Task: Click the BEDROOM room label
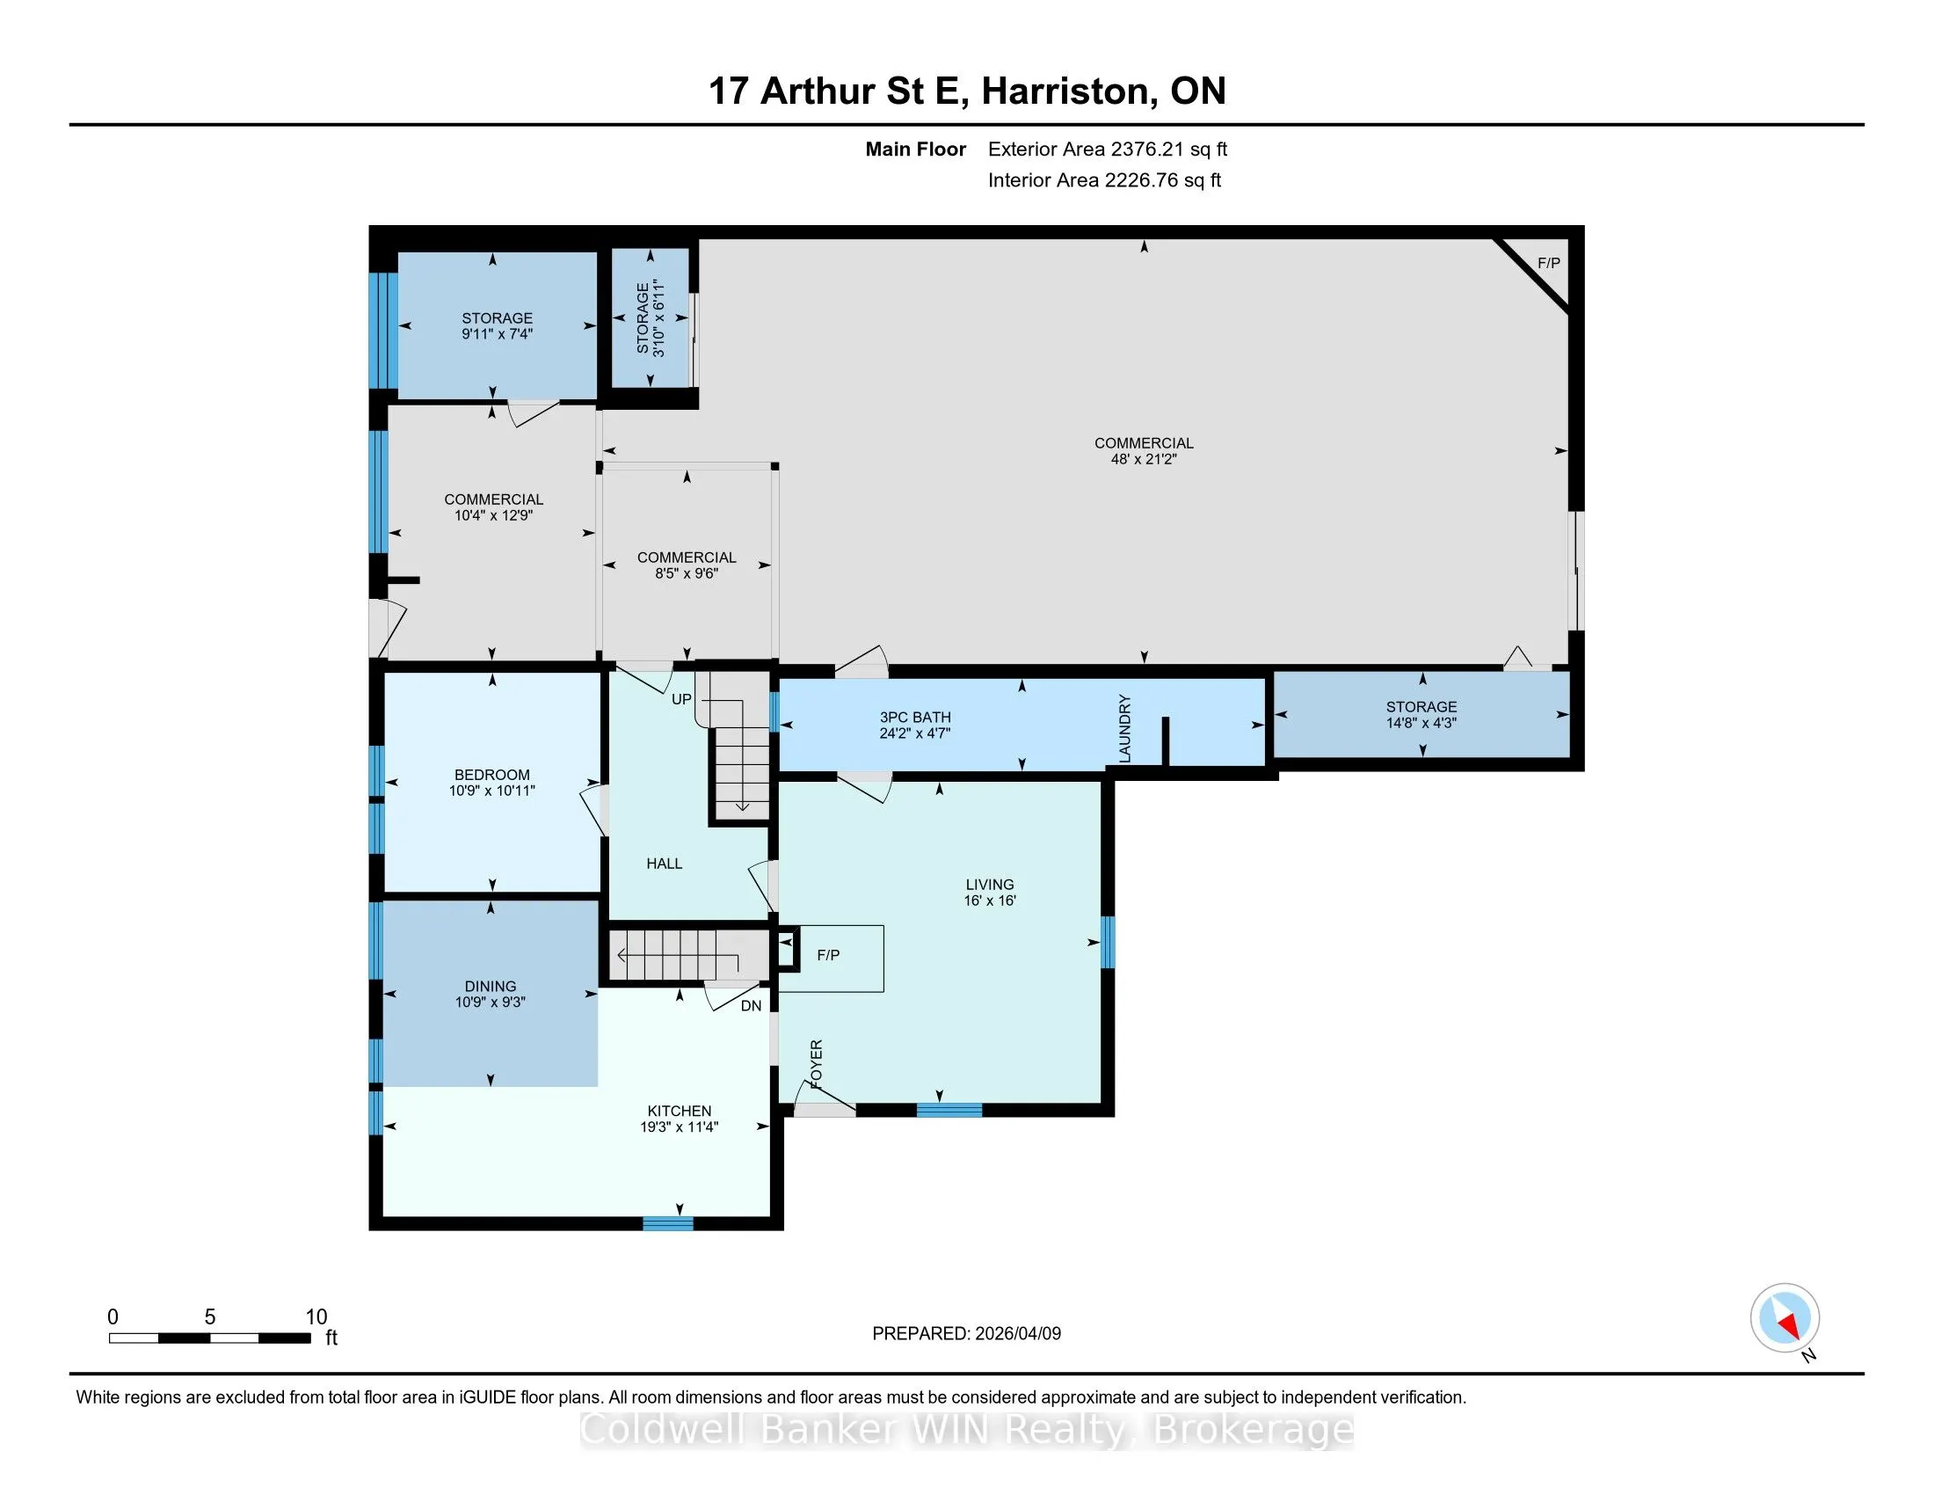(492, 775)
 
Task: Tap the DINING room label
(491, 987)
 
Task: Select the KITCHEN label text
(680, 1112)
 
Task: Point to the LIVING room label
(990, 885)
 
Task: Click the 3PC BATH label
(916, 718)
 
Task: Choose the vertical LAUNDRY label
(1125, 729)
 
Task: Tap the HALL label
(664, 864)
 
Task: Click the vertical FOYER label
(817, 1065)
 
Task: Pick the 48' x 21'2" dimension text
(1144, 460)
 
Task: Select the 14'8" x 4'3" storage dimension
(1421, 723)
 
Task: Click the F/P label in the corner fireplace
(1549, 263)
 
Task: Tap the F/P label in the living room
(828, 956)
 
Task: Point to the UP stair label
(681, 700)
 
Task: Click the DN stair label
(751, 1006)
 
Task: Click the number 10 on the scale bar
(316, 1317)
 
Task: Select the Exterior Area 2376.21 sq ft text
(1108, 149)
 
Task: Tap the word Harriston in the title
(1065, 91)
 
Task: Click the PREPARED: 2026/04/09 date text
(966, 1334)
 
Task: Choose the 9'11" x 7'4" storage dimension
(497, 335)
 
